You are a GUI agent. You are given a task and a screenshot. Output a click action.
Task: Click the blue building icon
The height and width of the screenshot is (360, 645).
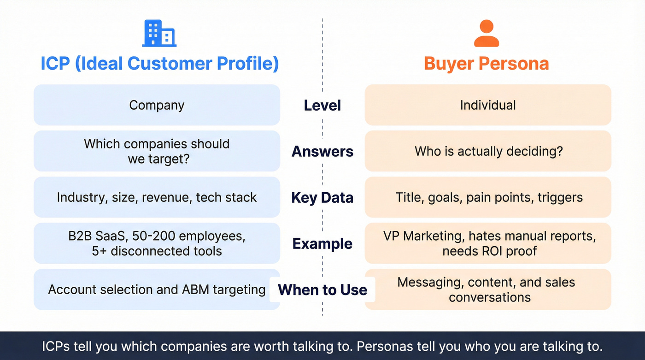tap(159, 33)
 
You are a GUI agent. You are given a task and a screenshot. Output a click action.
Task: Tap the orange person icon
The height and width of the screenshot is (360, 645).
tap(487, 33)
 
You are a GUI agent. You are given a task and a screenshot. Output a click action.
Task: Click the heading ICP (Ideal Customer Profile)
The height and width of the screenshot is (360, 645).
tap(159, 64)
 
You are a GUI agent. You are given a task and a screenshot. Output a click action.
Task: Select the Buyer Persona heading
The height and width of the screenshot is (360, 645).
tap(487, 64)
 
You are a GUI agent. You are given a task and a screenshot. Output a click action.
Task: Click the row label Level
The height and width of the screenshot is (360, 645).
tap(322, 105)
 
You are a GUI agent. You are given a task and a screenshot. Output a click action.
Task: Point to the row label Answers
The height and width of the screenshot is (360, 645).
tap(322, 151)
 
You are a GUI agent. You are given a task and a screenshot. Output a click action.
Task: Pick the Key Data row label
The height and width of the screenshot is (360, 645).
tap(322, 197)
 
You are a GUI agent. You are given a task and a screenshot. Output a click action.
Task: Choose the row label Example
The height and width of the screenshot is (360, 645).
tap(322, 243)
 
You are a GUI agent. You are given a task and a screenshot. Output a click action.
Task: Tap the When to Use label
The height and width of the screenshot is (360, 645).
tap(322, 289)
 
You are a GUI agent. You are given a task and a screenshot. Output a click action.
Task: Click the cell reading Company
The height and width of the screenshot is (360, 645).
tap(157, 105)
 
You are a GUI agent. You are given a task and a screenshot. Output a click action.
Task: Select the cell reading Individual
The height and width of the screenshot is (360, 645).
tap(488, 105)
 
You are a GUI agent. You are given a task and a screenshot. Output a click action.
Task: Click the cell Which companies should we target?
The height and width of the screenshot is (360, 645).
tap(157, 151)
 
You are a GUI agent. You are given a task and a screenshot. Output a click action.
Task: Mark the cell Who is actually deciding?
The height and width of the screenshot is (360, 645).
tap(488, 151)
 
